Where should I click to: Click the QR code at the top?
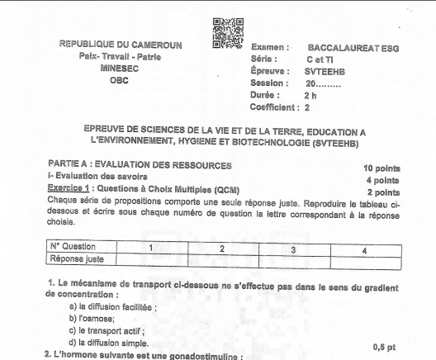click(x=229, y=32)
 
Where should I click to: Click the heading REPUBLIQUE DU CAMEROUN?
click(x=121, y=45)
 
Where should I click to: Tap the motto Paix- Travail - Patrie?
click(x=121, y=57)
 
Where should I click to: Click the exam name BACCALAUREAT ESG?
click(x=353, y=48)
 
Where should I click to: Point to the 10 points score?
click(x=381, y=168)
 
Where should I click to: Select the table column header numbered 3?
click(x=294, y=247)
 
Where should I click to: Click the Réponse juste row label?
click(x=75, y=258)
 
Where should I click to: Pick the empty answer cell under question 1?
click(x=150, y=258)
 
